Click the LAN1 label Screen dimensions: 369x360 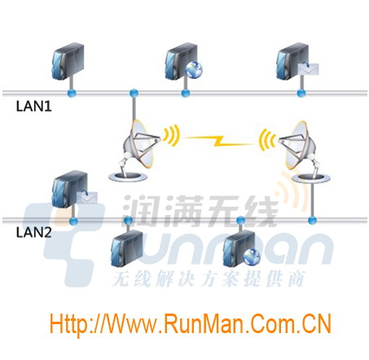(x=34, y=106)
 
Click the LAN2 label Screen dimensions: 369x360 (x=34, y=232)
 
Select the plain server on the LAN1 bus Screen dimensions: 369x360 (x=68, y=61)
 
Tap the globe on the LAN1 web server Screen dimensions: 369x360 (x=194, y=69)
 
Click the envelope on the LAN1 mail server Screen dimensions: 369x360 (x=308, y=69)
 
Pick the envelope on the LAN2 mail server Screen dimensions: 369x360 (x=87, y=197)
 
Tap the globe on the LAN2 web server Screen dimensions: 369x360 (x=252, y=257)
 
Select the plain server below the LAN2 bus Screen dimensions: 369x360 (x=127, y=248)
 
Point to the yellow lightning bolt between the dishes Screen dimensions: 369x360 (x=219, y=140)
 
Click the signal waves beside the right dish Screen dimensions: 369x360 (x=266, y=140)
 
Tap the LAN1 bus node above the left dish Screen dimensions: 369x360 (x=134, y=94)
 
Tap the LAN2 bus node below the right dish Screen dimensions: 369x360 (x=312, y=220)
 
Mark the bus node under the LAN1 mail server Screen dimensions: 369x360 (x=301, y=94)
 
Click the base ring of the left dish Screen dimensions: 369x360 (x=128, y=177)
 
